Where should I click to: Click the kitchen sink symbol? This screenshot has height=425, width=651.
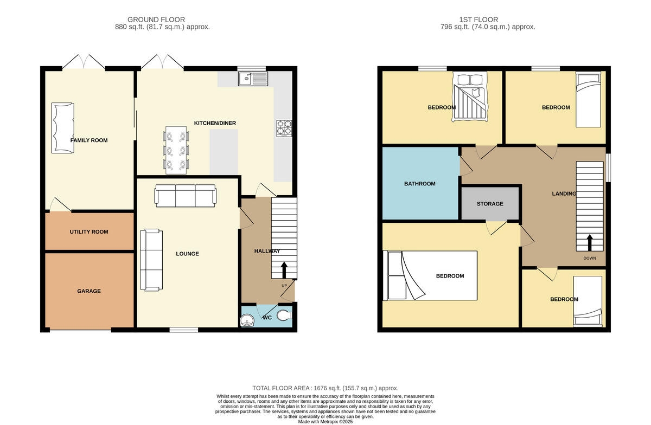(252, 79)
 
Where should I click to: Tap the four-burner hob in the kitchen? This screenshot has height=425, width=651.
(284, 129)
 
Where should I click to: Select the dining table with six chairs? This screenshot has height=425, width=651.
(176, 150)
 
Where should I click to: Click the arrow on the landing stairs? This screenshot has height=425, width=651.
(590, 242)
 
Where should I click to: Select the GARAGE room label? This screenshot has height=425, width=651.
(88, 291)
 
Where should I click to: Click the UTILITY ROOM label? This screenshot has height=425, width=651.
(88, 232)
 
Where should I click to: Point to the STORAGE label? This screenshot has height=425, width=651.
(490, 204)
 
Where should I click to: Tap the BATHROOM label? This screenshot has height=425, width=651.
(419, 184)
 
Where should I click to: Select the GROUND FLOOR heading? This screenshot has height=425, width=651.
(162, 20)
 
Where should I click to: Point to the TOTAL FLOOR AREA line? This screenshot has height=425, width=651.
(325, 388)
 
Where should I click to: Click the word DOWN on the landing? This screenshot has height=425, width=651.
(590, 258)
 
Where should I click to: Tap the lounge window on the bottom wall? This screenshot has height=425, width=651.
(183, 329)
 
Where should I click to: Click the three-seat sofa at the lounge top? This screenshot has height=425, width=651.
(185, 195)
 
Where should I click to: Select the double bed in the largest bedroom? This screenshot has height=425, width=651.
(430, 275)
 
